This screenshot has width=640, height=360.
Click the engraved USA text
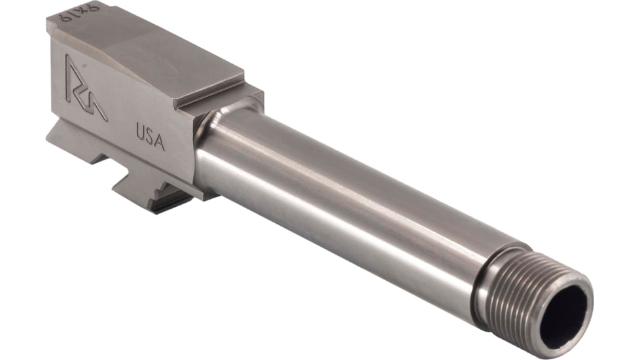(151, 135)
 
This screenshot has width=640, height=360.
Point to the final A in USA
(160, 141)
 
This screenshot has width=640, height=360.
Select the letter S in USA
(151, 135)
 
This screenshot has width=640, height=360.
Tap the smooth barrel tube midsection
(347, 196)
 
